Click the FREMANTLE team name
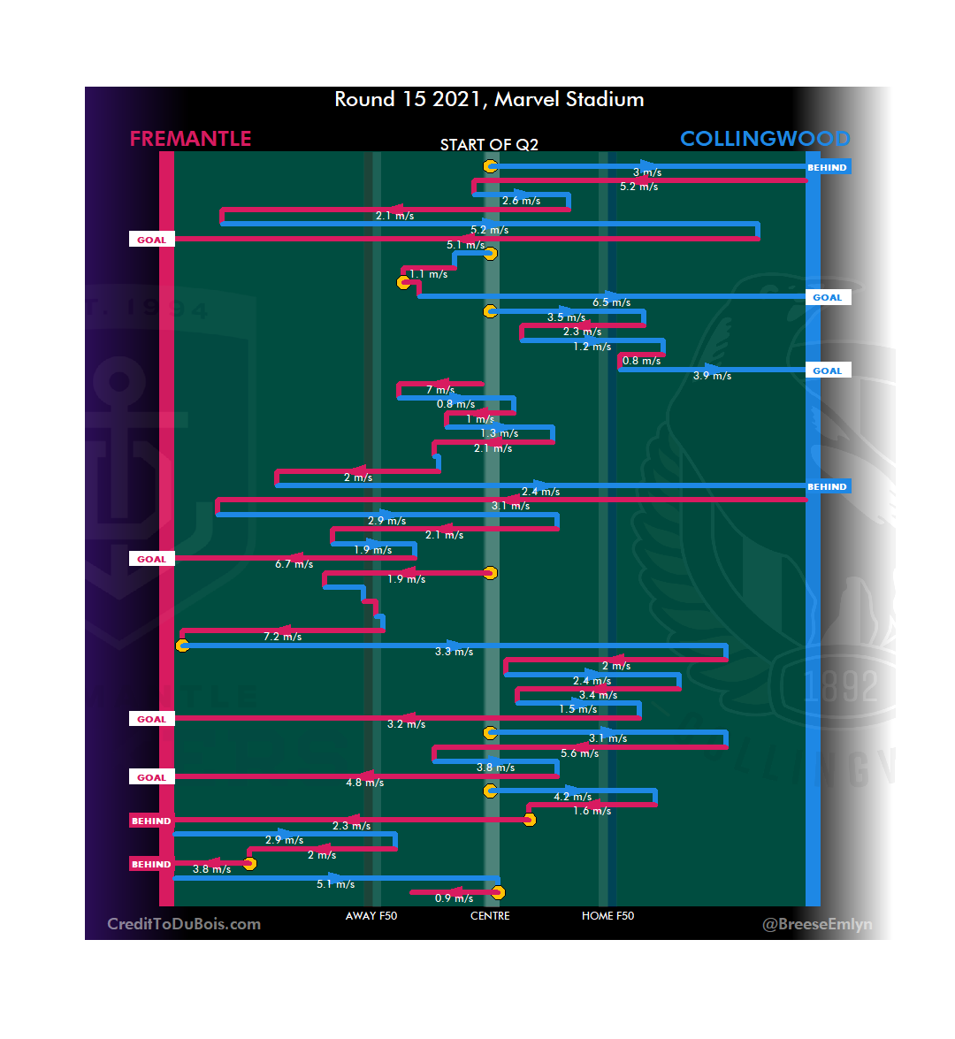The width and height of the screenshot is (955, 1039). (x=190, y=139)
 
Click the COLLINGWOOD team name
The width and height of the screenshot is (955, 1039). (x=765, y=139)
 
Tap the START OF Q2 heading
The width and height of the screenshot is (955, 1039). (x=489, y=145)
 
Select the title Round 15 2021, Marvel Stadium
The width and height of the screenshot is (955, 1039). (x=489, y=99)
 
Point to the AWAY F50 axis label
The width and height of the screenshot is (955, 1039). (x=371, y=916)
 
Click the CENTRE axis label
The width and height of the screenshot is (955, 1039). (x=490, y=916)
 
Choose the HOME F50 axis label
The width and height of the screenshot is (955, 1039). (x=607, y=916)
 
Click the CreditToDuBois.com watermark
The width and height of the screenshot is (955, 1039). (x=184, y=924)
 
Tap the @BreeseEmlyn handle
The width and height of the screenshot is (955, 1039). (x=817, y=924)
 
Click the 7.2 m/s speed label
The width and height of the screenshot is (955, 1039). (x=283, y=637)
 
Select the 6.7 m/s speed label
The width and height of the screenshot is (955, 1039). (x=294, y=564)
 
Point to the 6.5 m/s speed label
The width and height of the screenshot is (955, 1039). (x=612, y=302)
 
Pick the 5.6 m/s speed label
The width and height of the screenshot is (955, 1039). (x=580, y=753)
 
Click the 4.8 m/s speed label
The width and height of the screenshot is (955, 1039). (x=365, y=783)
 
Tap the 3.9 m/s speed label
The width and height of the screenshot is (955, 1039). (x=713, y=376)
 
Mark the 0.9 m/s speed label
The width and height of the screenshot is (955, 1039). (x=455, y=898)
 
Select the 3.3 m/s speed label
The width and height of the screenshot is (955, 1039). (x=455, y=652)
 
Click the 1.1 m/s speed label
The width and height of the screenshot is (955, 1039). (x=429, y=274)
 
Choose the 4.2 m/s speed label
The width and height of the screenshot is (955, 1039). (x=573, y=797)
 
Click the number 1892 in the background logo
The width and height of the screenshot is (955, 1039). (x=841, y=686)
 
